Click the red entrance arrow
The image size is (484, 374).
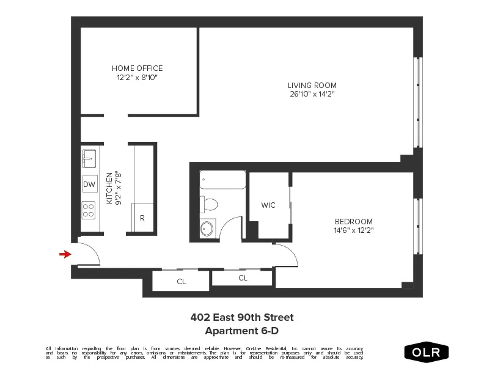click(x=64, y=254)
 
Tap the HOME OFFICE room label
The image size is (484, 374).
click(x=137, y=68)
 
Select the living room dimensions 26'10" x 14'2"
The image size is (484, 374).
click(x=312, y=94)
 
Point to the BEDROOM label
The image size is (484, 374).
click(x=353, y=221)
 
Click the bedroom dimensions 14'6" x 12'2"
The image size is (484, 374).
click(x=353, y=230)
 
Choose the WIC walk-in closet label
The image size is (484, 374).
click(x=268, y=205)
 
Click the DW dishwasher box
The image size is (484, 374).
click(x=89, y=184)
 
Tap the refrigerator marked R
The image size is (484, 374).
click(x=142, y=218)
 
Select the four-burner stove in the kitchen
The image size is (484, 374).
click(x=89, y=210)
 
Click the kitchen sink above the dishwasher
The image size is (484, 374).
click(x=89, y=158)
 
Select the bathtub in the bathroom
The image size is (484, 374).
click(x=222, y=180)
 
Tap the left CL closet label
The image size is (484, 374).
click(x=182, y=282)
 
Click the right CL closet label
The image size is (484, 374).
click(x=243, y=278)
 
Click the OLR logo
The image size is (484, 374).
click(x=426, y=352)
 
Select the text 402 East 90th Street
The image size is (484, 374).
click(x=242, y=317)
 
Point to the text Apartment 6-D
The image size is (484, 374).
click(x=242, y=331)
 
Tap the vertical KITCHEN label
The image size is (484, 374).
click(x=109, y=188)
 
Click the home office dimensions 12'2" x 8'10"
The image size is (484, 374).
click(x=137, y=78)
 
